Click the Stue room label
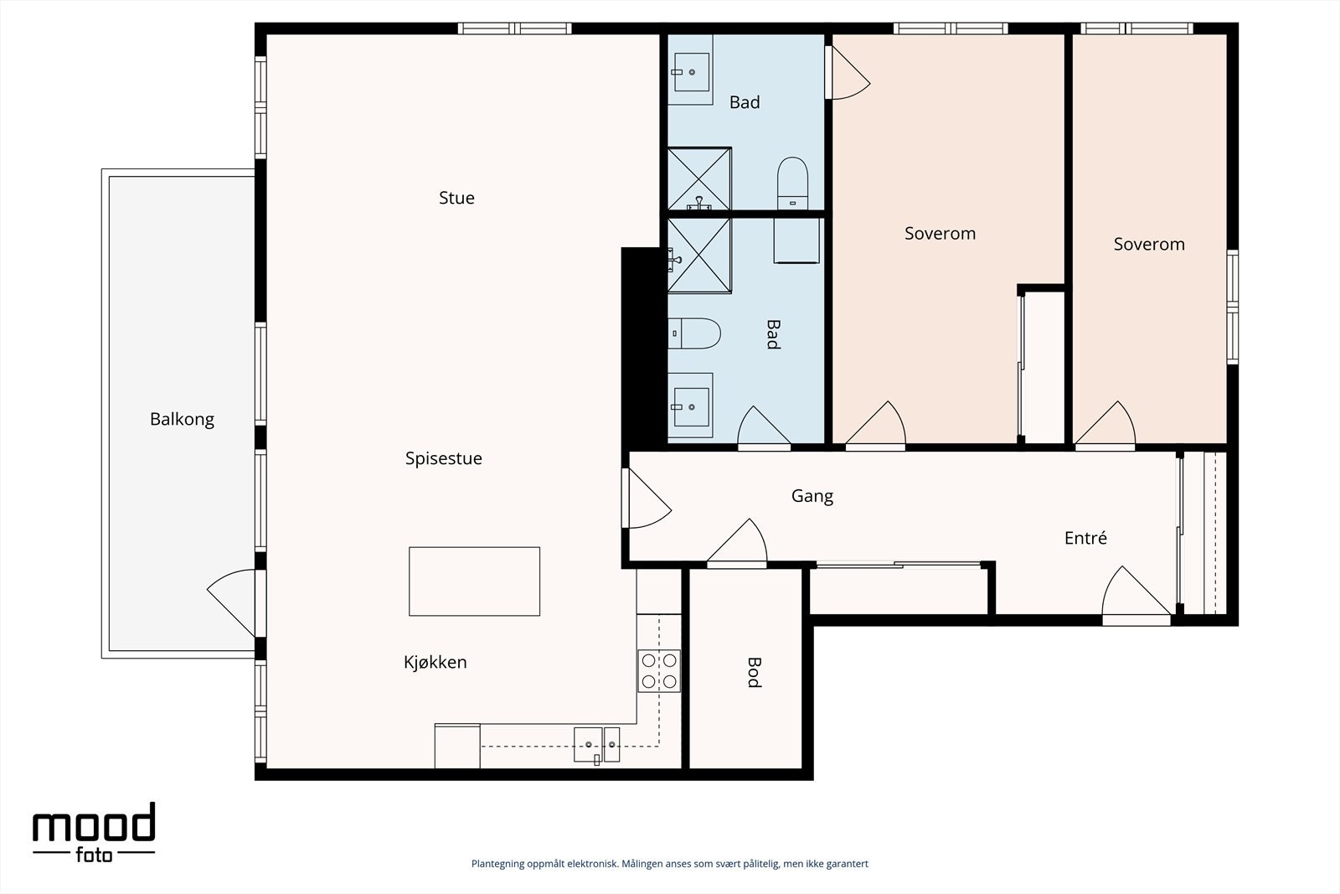(x=456, y=198)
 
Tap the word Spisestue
(x=443, y=459)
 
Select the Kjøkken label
(x=435, y=663)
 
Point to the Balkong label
(x=182, y=420)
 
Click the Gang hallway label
(x=812, y=497)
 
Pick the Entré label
(x=1085, y=538)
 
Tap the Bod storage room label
(x=755, y=673)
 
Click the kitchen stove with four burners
(x=658, y=671)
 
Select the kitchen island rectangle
(x=474, y=581)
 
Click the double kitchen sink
(x=596, y=744)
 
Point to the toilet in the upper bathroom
(x=792, y=183)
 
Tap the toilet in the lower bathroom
(x=694, y=333)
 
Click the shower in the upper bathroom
(x=699, y=179)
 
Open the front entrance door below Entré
(x=1136, y=597)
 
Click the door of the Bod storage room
(x=737, y=544)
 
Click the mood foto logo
(x=94, y=832)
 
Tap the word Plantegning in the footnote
(x=498, y=864)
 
